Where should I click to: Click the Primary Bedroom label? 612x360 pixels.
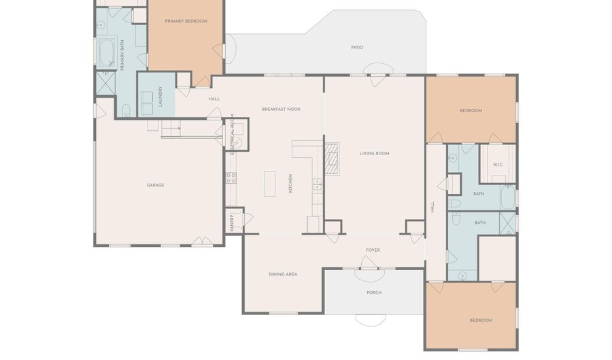186,21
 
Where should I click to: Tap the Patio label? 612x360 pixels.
357,48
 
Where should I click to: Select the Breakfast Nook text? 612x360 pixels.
281,110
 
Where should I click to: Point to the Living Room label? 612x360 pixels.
374,153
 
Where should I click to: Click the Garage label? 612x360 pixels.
155,185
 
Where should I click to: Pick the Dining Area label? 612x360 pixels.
283,274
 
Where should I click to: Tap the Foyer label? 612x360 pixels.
373,250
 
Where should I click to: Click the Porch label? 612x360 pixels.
374,293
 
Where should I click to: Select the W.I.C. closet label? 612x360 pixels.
498,165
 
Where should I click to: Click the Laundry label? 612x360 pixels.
160,97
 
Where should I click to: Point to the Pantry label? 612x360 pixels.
232,222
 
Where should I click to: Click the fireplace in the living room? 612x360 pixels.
332,159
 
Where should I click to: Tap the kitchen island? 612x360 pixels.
270,184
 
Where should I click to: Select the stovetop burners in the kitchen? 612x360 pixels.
231,178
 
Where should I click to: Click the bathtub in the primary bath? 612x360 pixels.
107,52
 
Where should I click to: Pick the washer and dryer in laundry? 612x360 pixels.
147,103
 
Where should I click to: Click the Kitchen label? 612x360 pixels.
290,184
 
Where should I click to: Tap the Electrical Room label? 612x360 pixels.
233,135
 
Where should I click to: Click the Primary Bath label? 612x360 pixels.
122,55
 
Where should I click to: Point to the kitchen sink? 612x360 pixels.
317,184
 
